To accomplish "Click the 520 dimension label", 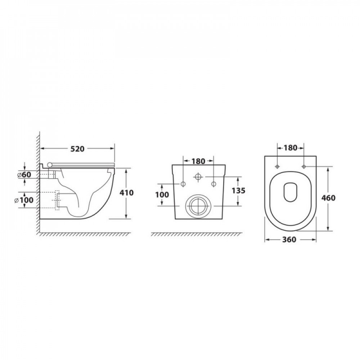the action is pyautogui.click(x=77, y=149).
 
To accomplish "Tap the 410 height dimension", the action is pyautogui.click(x=126, y=193).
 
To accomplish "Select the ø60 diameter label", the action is pyautogui.click(x=24, y=175).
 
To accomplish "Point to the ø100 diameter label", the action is pyautogui.click(x=24, y=200).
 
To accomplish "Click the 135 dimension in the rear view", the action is pyautogui.click(x=239, y=190).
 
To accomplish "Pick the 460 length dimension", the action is pyautogui.click(x=328, y=198).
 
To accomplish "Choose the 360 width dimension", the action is pyautogui.click(x=289, y=239).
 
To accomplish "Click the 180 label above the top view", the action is pyautogui.click(x=291, y=148).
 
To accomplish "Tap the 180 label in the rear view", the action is pyautogui.click(x=198, y=161).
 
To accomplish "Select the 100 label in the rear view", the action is pyautogui.click(x=162, y=195).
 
